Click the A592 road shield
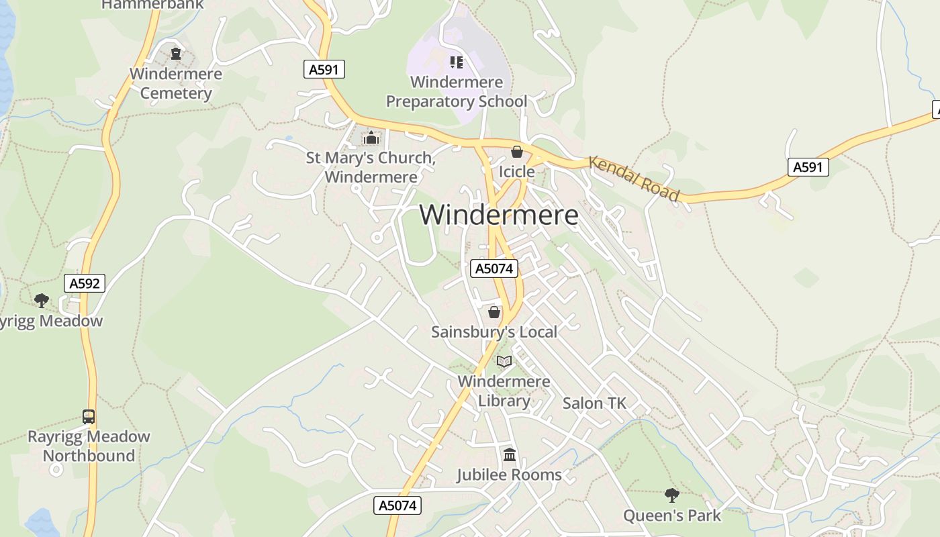[x=85, y=283]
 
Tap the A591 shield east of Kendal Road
[x=807, y=167]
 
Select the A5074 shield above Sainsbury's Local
[x=494, y=268]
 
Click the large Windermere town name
[x=499, y=215]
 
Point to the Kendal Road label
[x=634, y=179]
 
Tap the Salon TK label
[x=594, y=403]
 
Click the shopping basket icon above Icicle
[x=516, y=152]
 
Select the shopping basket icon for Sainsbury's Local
[x=494, y=312]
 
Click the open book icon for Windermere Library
[x=504, y=362]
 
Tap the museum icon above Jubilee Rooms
[x=510, y=455]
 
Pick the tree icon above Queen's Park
[x=671, y=495]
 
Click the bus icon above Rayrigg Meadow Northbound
[x=89, y=417]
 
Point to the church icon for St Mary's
[x=371, y=138]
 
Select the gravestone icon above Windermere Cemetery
[x=176, y=54]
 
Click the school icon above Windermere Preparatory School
[x=457, y=62]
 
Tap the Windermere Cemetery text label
[x=176, y=83]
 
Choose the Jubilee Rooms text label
[x=509, y=475]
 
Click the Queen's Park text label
[x=671, y=516]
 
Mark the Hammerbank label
[x=152, y=5]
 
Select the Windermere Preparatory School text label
[x=457, y=92]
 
